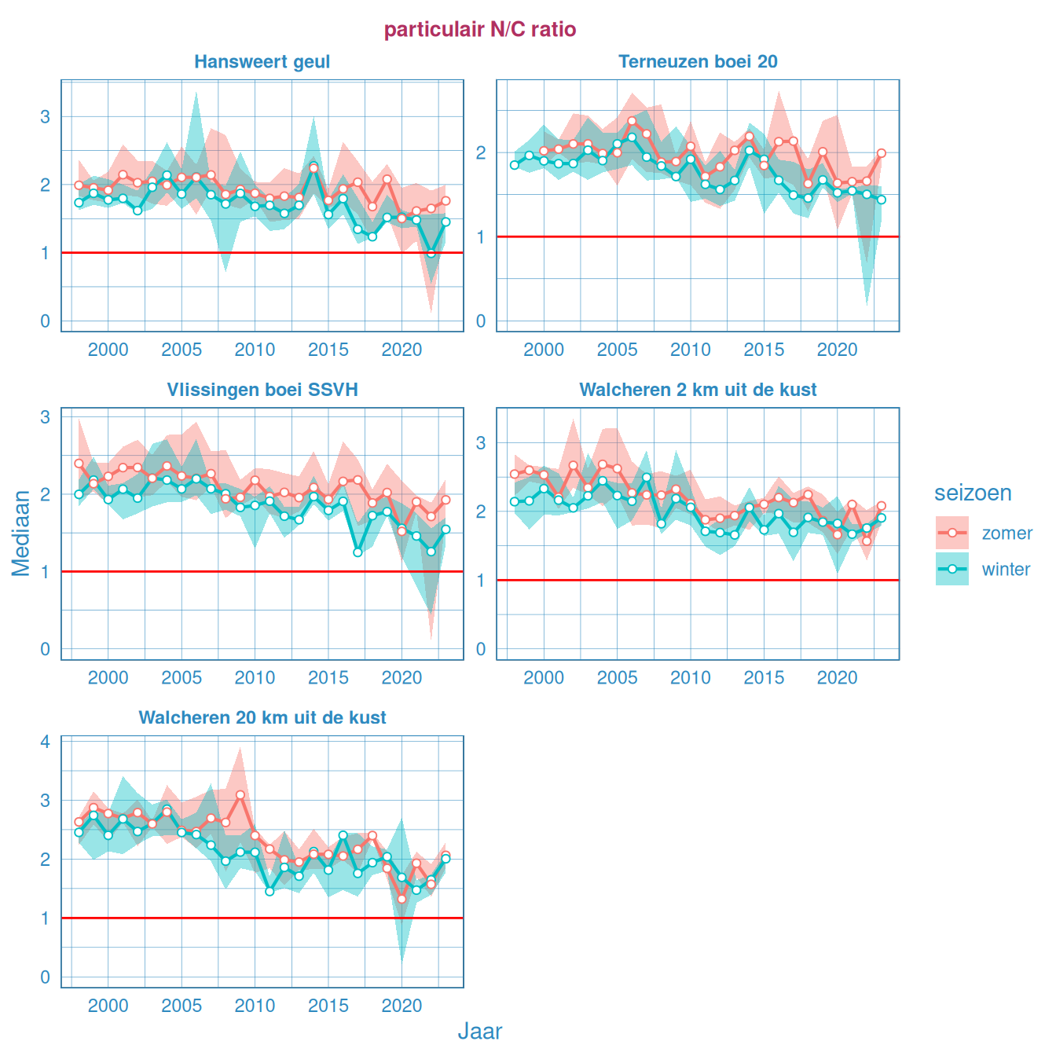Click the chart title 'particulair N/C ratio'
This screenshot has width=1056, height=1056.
(x=480, y=30)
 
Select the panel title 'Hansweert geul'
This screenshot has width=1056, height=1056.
(x=262, y=62)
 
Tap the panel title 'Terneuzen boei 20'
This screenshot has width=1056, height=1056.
(x=698, y=62)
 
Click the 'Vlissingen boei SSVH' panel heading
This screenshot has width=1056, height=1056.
(x=262, y=390)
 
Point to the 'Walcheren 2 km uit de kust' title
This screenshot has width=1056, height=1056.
(x=698, y=390)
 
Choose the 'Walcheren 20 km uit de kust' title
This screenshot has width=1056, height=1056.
(x=262, y=717)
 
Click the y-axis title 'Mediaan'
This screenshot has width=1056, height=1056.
(x=21, y=533)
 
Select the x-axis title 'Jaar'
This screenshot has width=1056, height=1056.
(x=479, y=1032)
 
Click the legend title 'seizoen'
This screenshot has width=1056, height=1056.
(x=973, y=493)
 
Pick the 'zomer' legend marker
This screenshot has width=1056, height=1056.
(x=952, y=533)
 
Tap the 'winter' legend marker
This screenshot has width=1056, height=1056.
(x=952, y=569)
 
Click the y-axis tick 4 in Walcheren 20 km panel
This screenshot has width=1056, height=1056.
(x=46, y=742)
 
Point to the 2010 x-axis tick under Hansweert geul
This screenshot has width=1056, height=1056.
(x=255, y=350)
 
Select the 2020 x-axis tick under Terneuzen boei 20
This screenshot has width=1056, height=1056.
(x=837, y=350)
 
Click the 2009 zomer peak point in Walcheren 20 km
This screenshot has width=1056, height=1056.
(x=240, y=795)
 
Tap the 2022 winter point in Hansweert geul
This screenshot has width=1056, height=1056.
(x=431, y=254)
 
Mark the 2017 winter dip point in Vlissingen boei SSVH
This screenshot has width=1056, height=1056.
(x=357, y=552)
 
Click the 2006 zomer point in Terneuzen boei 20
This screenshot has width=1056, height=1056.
(x=632, y=121)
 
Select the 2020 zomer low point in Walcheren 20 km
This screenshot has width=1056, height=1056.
(x=401, y=899)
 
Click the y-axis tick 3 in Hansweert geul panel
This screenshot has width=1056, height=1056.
(x=46, y=117)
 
